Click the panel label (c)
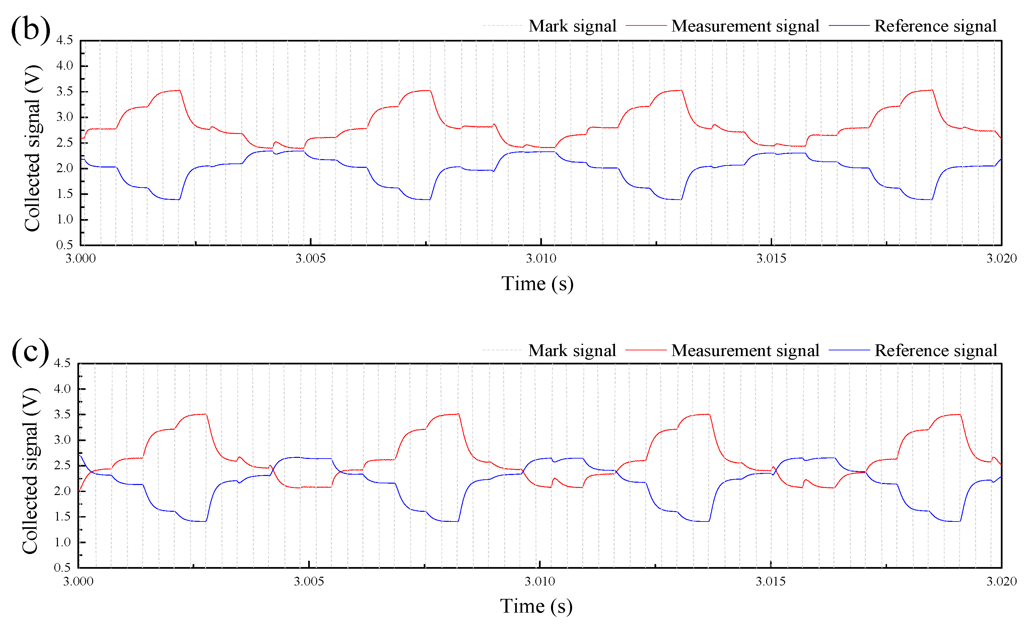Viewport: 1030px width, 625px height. click(30, 352)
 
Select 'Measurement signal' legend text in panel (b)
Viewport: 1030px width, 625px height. click(745, 26)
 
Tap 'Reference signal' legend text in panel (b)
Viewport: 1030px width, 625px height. click(936, 26)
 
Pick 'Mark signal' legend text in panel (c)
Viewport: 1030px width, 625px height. click(572, 350)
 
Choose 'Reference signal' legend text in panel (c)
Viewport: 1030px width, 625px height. click(936, 350)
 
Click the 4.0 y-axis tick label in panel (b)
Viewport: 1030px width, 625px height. click(64, 66)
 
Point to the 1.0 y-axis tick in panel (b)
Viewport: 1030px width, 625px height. click(64, 219)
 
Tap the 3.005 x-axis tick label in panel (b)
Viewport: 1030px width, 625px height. click(311, 258)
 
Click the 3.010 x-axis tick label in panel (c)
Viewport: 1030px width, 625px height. click(540, 581)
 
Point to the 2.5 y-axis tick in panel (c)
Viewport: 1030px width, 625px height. click(62, 465)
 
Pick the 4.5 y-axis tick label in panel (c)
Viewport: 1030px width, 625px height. click(62, 363)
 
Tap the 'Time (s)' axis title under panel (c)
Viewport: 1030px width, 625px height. click(536, 606)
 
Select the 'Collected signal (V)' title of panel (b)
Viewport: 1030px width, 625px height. click(32, 148)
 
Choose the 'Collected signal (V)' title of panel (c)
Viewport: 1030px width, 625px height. click(30, 471)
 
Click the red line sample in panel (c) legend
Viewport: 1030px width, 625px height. click(646, 350)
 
